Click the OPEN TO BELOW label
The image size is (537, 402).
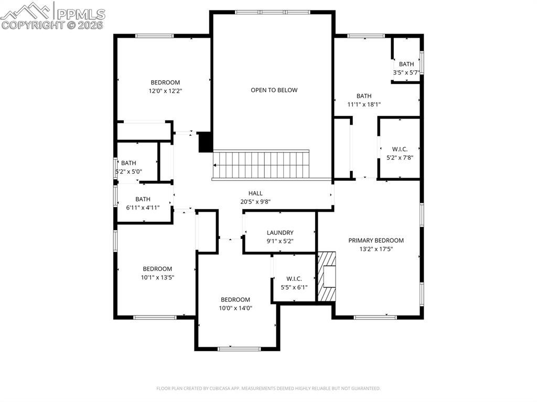point(274,90)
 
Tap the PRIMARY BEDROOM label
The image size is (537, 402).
point(376,241)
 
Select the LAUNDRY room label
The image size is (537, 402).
point(280,233)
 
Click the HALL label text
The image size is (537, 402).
point(255,193)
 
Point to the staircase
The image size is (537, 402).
point(261,165)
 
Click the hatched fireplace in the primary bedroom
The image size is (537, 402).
point(326,276)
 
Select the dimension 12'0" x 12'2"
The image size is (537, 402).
point(165,91)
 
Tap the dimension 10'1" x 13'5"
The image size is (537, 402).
point(157,278)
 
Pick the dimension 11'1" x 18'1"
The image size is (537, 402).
point(364,104)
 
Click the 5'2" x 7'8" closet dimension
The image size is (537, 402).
point(400,157)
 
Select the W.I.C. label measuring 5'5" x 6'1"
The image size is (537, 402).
point(294,278)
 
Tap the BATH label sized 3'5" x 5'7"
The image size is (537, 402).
point(406,64)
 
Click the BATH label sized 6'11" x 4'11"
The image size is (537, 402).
point(143,199)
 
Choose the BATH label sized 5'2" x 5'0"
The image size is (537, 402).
point(128,163)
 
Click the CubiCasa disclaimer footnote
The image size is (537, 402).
point(268,388)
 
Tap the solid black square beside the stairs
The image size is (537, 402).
point(206,142)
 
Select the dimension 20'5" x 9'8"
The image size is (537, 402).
point(255,202)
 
